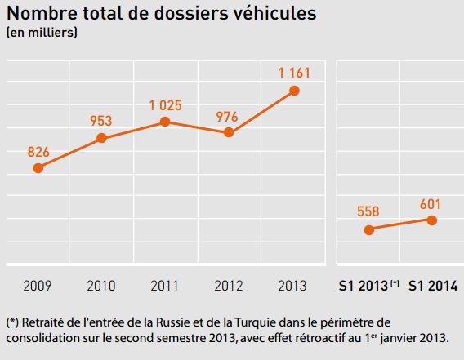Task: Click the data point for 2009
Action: (x=38, y=168)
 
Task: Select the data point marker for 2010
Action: (x=101, y=138)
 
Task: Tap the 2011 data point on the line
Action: (x=165, y=122)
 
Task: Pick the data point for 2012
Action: (x=229, y=132)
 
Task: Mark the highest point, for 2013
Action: (x=294, y=90)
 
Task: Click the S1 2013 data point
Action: (x=368, y=229)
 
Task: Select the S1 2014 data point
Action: (x=432, y=220)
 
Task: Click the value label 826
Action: (x=38, y=151)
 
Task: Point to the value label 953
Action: (x=101, y=121)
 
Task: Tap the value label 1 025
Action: (x=165, y=104)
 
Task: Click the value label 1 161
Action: (x=294, y=73)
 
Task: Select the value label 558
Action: (x=368, y=211)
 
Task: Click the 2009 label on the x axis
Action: (x=38, y=286)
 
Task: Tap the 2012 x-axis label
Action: (x=229, y=286)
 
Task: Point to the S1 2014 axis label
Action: (x=432, y=286)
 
